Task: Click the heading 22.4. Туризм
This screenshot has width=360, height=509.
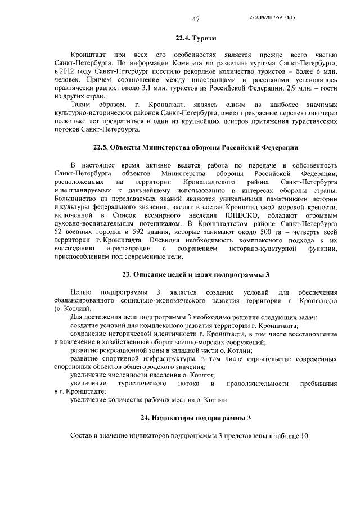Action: click(196, 38)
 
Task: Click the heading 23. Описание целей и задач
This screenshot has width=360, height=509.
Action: click(196, 274)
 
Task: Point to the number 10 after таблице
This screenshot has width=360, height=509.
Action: click(304, 436)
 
